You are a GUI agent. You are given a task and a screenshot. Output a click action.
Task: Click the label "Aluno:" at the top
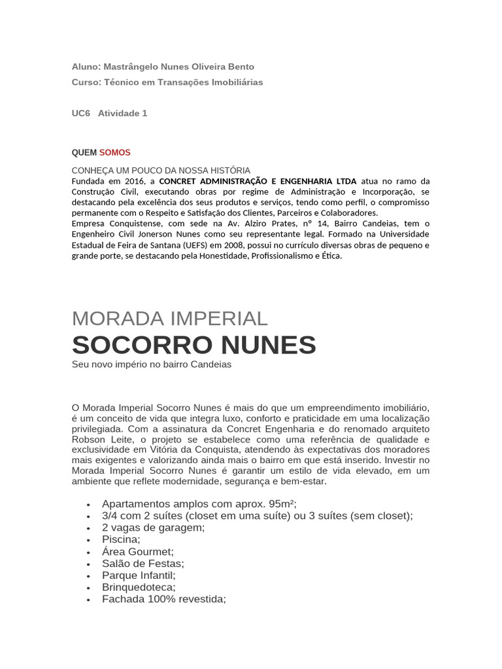tap(86, 67)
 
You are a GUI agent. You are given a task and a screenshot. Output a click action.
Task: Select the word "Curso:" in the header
tap(86, 82)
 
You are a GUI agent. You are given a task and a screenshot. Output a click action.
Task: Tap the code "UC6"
tap(80, 113)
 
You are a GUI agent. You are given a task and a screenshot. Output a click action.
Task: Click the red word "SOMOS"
tap(115, 152)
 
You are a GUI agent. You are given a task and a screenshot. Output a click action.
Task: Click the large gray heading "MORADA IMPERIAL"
tap(170, 318)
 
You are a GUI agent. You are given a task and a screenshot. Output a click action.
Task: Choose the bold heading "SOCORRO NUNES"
tap(193, 344)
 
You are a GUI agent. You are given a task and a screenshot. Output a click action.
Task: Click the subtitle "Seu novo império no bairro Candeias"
tap(152, 365)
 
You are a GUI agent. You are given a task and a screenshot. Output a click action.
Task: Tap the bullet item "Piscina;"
tap(121, 539)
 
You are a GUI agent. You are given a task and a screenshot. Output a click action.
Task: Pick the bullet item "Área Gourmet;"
tap(138, 551)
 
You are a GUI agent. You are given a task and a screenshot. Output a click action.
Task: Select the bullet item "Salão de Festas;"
tap(143, 563)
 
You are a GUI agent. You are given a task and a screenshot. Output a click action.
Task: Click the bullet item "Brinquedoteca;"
tap(139, 587)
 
